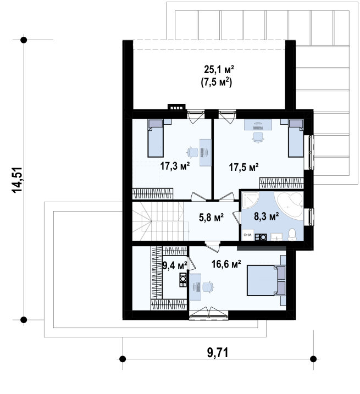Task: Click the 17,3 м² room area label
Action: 175,166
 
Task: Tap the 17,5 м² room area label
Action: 243,167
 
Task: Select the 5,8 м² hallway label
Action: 212,218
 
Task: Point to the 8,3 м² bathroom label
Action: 266,217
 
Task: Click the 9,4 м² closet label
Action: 175,265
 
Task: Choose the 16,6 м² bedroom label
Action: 226,264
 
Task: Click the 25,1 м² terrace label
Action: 219,69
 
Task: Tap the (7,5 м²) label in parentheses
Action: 216,82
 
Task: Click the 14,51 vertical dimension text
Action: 18,180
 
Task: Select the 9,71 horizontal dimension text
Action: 218,353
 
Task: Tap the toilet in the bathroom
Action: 292,235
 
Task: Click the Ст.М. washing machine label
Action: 248,235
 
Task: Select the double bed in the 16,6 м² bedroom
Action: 267,280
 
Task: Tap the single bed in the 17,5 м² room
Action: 296,138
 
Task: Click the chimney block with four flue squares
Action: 177,107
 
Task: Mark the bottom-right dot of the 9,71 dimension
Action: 313,359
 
